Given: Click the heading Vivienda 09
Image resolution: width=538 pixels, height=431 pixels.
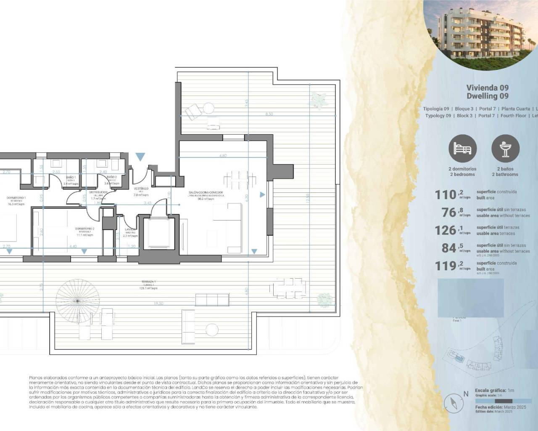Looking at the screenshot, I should [x=487, y=88].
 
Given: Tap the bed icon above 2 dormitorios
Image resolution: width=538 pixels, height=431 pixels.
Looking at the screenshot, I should [x=462, y=149].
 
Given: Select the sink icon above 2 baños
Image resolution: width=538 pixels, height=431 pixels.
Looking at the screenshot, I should [x=505, y=149].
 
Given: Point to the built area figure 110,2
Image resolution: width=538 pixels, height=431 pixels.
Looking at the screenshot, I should [x=446, y=194].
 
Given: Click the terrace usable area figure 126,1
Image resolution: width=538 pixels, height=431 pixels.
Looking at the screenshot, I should [x=446, y=230].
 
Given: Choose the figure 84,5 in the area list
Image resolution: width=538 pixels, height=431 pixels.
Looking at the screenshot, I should [x=449, y=248].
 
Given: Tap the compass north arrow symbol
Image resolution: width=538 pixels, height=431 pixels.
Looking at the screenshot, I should [x=454, y=404].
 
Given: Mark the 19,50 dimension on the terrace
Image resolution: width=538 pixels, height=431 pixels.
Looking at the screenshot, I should [x=158, y=303].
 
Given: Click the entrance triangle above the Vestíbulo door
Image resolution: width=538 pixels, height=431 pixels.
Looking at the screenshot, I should [x=140, y=157].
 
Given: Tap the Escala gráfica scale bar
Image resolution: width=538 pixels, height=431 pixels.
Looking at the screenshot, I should [x=503, y=401].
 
